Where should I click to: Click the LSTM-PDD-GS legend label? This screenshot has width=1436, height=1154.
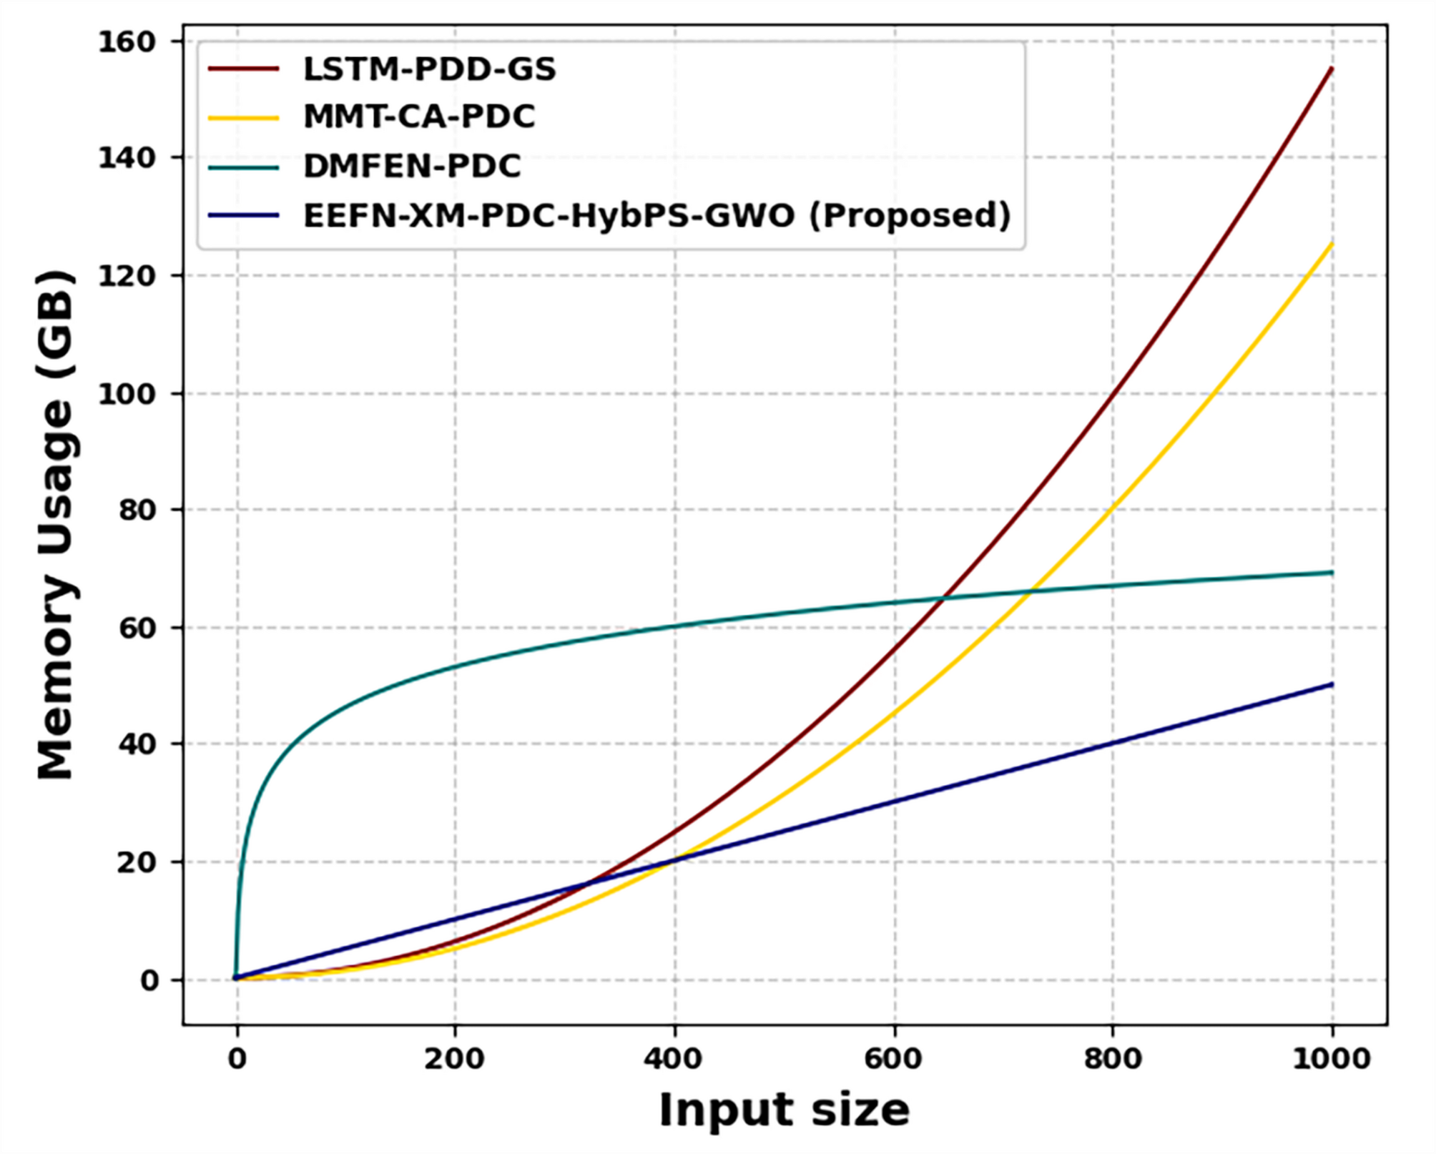[x=429, y=69]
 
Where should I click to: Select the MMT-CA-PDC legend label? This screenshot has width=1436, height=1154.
[x=419, y=117]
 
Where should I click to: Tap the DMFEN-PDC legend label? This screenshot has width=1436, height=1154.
[x=412, y=167]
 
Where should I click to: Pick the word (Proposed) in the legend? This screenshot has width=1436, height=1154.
[x=910, y=215]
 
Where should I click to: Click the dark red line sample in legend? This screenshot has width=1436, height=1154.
[x=243, y=69]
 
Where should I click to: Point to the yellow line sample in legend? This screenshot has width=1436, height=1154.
[x=243, y=117]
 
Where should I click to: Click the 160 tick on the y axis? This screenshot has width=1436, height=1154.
[x=127, y=42]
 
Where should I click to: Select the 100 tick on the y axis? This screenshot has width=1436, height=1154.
[x=127, y=394]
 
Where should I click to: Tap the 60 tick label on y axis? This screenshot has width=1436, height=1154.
[x=136, y=628]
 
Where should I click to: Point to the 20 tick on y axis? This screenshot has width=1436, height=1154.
[x=136, y=863]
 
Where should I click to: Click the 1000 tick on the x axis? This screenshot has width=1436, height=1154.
[x=1331, y=1059]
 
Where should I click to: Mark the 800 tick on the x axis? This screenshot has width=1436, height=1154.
[x=1113, y=1059]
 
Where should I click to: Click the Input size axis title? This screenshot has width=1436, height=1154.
[x=784, y=1110]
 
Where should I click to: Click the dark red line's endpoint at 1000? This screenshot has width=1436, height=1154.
[x=1331, y=69]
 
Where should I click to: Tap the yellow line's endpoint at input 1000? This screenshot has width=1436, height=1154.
[x=1331, y=245]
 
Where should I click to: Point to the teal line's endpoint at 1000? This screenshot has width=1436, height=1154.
[x=1331, y=572]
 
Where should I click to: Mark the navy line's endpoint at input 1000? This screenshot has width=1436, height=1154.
[x=1331, y=684]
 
